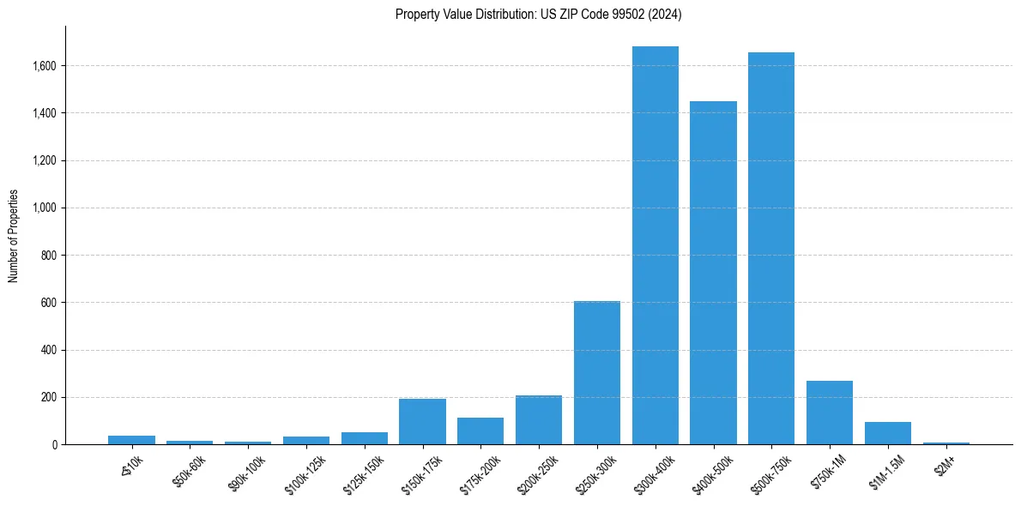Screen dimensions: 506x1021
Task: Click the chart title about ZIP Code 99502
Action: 538,15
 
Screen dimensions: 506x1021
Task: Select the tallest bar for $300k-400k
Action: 655,245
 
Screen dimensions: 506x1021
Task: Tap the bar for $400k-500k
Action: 714,273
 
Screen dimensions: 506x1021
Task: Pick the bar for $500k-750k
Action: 771,249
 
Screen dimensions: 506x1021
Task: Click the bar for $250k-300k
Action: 597,373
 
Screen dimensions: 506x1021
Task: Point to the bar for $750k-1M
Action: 830,413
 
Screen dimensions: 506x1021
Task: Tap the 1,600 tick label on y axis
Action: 45,66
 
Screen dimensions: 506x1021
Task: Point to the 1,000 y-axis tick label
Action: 45,208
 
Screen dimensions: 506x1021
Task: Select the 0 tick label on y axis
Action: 55,445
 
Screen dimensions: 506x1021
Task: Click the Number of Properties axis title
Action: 14,236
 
